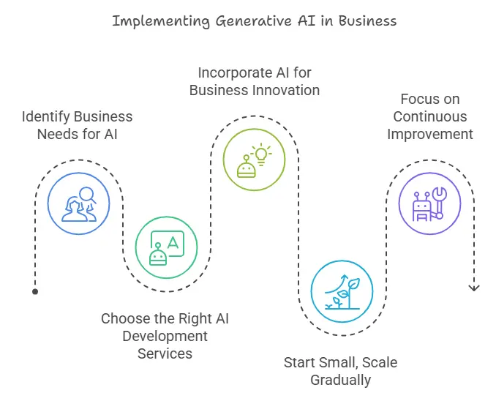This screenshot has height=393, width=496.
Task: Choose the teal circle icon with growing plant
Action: [342, 291]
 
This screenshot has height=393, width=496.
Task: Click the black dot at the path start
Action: [35, 291]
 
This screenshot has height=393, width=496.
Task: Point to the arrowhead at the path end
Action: [473, 288]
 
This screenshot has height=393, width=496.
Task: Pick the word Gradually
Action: [340, 380]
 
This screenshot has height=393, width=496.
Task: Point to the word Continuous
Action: [429, 116]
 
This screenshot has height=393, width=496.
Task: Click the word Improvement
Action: [429, 134]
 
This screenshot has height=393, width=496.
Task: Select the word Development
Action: [165, 336]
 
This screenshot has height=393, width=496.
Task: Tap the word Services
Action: [165, 353]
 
